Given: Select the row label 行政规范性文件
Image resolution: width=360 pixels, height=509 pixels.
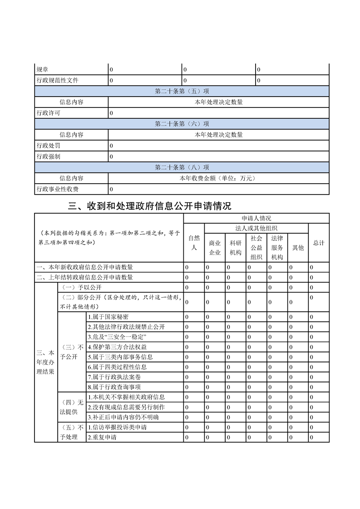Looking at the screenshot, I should (57, 80).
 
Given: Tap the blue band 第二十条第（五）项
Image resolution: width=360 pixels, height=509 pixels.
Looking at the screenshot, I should (182, 91).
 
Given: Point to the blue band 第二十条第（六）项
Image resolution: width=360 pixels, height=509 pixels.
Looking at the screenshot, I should (182, 124).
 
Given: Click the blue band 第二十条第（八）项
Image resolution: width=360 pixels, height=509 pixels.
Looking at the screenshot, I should (182, 167).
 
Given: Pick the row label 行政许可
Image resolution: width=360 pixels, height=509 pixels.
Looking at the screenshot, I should (48, 113).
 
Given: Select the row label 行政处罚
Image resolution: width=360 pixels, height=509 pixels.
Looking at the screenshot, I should (48, 146).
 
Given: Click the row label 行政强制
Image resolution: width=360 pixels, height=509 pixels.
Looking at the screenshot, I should (48, 157).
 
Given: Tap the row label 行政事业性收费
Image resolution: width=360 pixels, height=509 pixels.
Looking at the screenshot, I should (57, 189).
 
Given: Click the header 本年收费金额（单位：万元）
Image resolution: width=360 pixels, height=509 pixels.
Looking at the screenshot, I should (218, 178).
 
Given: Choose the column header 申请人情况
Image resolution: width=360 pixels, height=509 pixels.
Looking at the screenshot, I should (256, 218).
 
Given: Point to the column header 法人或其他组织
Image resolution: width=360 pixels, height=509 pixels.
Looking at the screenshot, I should (256, 228).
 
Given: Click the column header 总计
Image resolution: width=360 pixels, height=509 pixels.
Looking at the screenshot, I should (319, 243).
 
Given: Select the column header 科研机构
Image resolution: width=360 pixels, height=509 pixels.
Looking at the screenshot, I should (236, 248).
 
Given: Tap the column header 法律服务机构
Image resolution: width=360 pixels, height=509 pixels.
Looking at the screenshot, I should (277, 248).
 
